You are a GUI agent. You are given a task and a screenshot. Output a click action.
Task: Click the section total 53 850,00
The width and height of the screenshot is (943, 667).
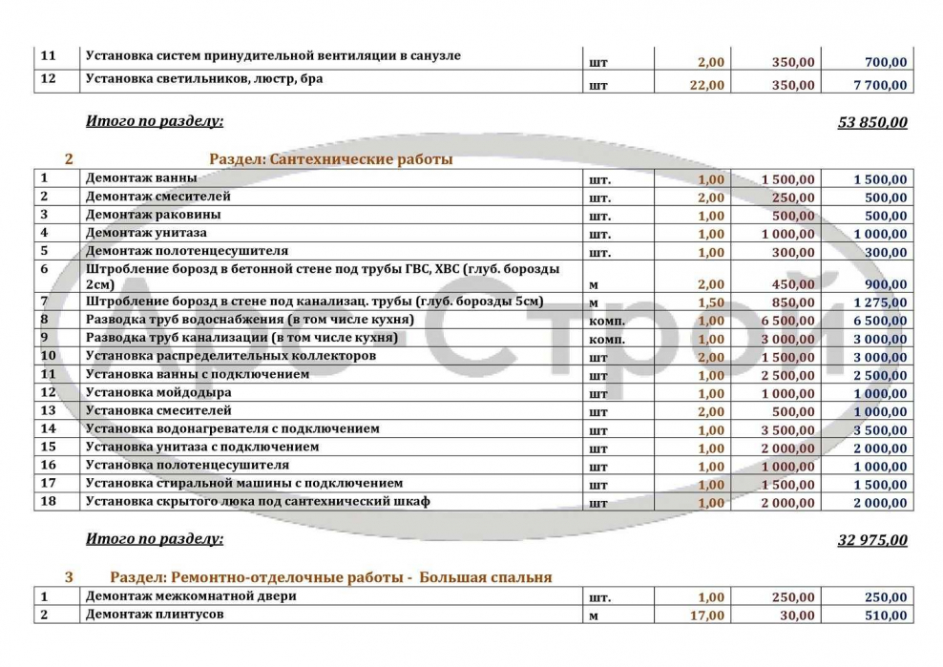coord(872,122)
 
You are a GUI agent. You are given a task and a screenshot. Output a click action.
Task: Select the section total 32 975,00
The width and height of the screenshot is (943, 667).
coord(872,540)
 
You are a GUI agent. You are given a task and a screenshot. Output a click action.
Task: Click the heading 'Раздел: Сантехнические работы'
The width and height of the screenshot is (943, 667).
coord(330,159)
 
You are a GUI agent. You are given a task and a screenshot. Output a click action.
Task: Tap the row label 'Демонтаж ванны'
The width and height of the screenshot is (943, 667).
coord(141,178)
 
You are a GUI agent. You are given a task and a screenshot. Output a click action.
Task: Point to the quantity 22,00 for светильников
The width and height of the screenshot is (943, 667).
coord(706,85)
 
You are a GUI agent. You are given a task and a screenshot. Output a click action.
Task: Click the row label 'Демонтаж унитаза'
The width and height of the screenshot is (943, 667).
coord(146,233)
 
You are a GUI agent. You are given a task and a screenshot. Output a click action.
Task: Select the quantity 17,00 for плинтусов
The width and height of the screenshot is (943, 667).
coord(706,615)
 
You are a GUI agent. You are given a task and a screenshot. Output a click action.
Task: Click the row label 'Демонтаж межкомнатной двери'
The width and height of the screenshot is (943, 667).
coord(191,596)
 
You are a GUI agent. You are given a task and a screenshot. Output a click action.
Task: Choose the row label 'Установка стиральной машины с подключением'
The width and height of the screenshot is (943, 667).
coord(244,484)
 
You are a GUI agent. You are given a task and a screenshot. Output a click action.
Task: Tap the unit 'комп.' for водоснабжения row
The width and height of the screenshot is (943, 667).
coord(607,322)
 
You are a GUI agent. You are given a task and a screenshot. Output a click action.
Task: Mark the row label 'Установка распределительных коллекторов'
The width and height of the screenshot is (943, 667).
coord(231,356)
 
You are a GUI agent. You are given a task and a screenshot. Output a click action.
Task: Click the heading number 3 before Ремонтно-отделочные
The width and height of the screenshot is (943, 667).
coord(69,577)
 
